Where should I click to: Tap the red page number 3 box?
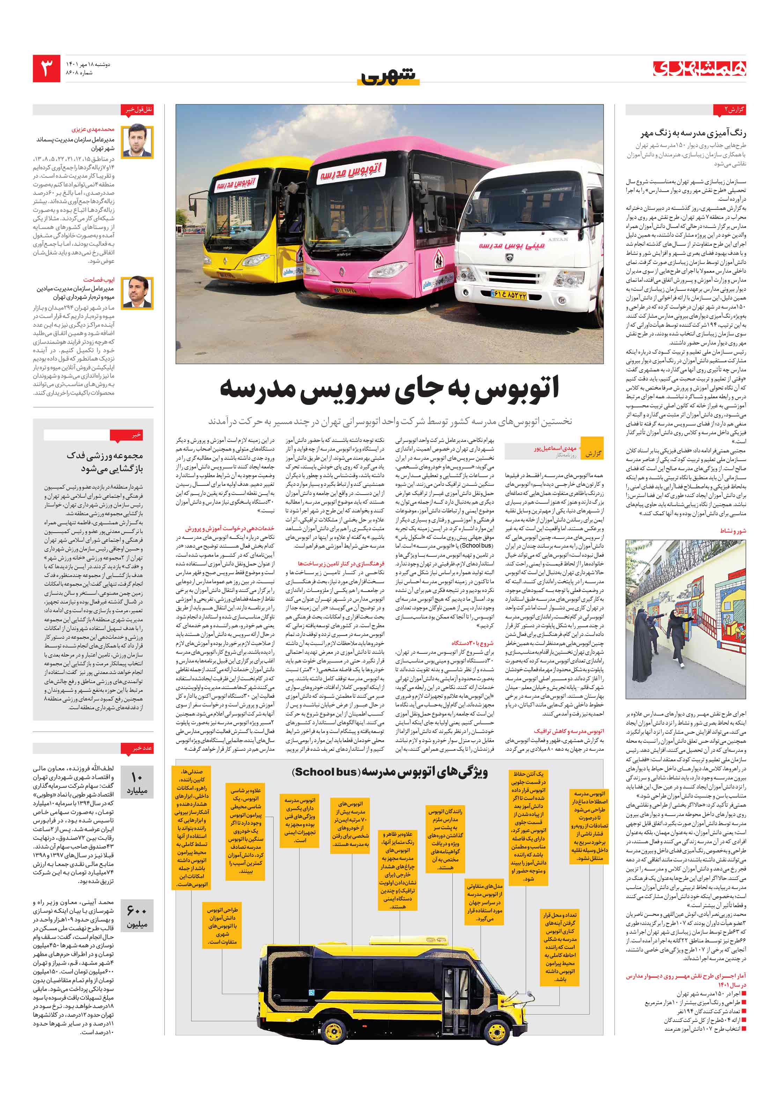46,68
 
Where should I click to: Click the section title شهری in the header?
388,76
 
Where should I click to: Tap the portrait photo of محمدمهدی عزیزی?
137,142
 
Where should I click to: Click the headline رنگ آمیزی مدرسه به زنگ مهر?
693,133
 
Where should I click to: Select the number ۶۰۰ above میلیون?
137,911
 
